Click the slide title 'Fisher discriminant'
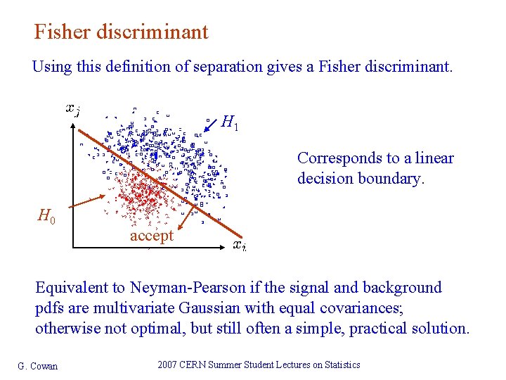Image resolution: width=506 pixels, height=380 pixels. (121, 32)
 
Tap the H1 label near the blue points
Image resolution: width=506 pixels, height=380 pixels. (230, 123)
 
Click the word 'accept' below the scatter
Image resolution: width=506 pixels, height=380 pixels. (151, 236)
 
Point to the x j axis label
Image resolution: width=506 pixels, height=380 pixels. (72, 108)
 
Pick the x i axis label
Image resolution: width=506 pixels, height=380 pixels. (239, 245)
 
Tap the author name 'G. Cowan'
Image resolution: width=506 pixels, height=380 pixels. (37, 365)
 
